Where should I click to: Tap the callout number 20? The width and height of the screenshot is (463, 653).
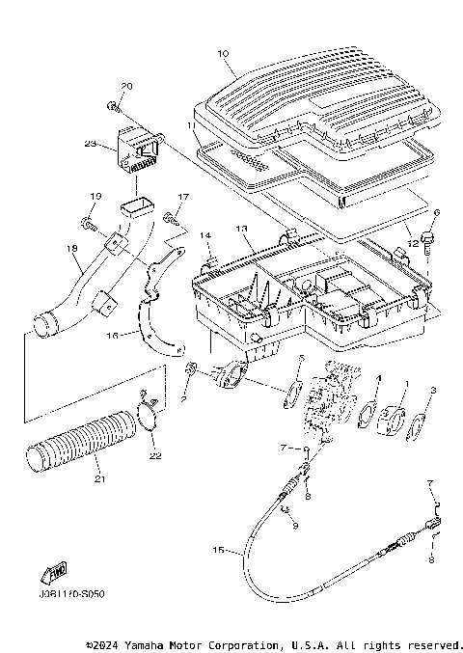click(x=127, y=86)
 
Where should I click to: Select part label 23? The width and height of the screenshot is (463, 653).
click(x=90, y=145)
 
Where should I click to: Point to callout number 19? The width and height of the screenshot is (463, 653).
click(x=95, y=197)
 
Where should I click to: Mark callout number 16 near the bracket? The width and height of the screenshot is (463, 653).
click(x=112, y=336)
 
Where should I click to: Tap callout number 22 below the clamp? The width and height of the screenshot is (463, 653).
click(x=156, y=455)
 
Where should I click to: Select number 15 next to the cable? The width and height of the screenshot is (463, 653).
click(x=219, y=551)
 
